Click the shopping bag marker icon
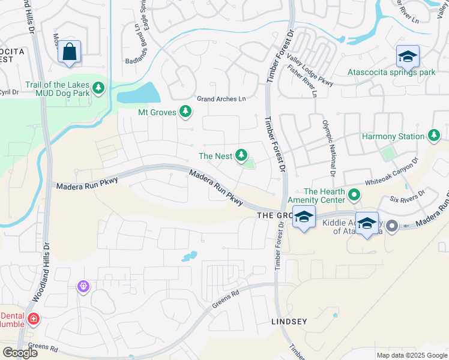[70, 52]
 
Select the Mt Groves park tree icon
[185, 111]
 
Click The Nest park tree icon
[241, 156]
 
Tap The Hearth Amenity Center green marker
[354, 194]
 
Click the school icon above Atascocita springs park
[408, 57]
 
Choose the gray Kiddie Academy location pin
[392, 226]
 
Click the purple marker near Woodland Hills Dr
[83, 287]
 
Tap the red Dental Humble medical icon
[33, 319]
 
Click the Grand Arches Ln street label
[221, 99]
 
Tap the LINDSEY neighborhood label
[289, 322]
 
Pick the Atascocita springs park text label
[391, 73]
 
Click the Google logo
[20, 353]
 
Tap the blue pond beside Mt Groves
[139, 93]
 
